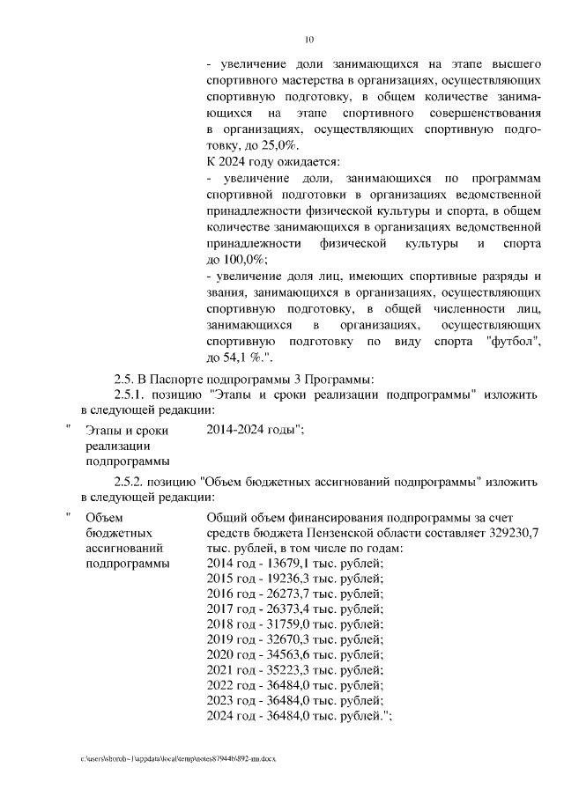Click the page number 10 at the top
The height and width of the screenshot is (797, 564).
(309, 39)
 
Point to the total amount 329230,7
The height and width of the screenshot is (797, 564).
(509, 533)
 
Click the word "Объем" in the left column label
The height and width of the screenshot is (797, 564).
(103, 517)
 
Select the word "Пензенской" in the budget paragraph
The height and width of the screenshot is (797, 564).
(346, 533)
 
